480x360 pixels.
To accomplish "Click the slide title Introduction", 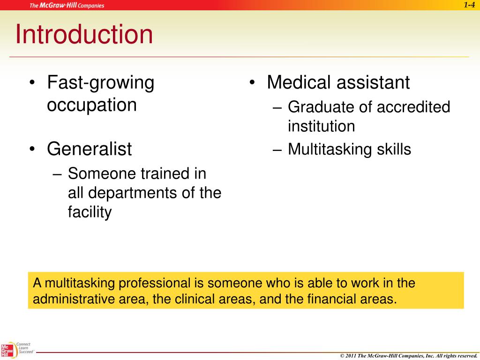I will point(84,35).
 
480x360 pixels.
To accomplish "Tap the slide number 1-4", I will point(470,5).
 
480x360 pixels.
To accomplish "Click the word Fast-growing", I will point(100,83).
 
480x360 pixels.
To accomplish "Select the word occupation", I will point(92,105).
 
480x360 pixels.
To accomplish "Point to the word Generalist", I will point(89,150).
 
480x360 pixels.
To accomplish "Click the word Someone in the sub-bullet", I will point(102,174).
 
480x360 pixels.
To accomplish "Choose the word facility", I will point(90,212).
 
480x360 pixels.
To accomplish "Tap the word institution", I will point(321,126).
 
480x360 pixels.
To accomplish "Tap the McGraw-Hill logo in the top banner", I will point(67,6).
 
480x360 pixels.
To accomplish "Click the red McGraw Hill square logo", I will point(7,350).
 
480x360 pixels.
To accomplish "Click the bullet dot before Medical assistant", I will point(252,83).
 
